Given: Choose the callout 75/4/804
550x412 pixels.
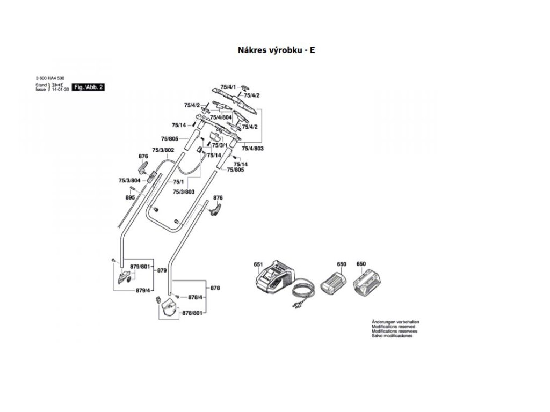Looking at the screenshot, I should (221, 117).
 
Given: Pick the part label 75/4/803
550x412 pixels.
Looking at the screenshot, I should (252, 148).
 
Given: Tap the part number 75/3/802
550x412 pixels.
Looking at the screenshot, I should (163, 150).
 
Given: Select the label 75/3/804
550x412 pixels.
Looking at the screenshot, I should (129, 181).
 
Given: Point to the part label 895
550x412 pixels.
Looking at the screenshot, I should (130, 198).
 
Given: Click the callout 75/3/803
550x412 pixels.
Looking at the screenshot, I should (184, 192).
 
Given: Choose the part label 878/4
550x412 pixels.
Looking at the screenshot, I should (195, 297).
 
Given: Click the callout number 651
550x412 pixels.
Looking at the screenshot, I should (258, 264).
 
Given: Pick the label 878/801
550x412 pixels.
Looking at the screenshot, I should (192, 313).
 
